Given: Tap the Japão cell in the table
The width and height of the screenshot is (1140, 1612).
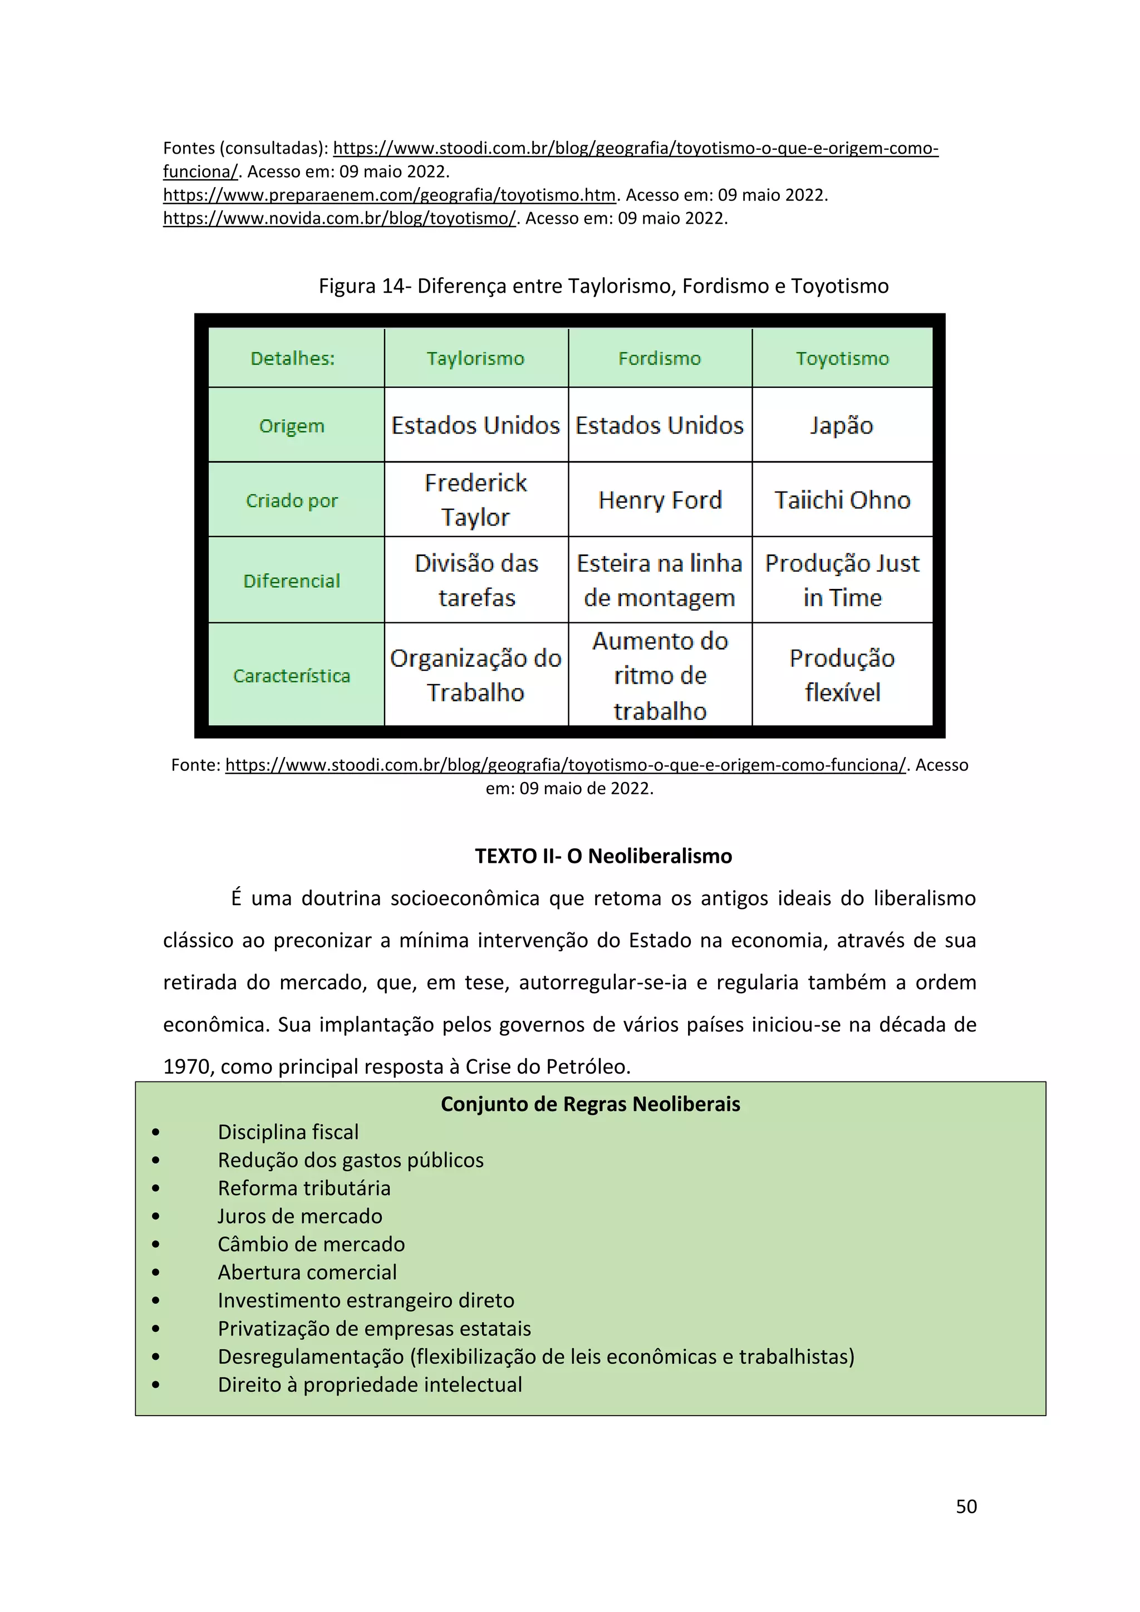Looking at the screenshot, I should [842, 425].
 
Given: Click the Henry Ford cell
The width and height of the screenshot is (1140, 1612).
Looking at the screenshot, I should [660, 500].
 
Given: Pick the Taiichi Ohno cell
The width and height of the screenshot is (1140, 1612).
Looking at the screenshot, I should [842, 500].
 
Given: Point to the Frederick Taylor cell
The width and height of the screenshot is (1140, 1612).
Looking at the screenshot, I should [475, 500].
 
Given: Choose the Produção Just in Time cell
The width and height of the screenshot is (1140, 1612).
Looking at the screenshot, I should [842, 580].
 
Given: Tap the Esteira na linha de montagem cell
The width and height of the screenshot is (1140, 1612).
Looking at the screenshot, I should [660, 580].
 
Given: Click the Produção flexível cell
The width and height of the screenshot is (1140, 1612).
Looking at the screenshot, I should [842, 675].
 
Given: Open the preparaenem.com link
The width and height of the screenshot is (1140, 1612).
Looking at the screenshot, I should [389, 195].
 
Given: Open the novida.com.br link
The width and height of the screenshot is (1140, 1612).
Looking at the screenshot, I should [340, 218].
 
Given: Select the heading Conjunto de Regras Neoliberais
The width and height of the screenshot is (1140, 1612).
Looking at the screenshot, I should [591, 1104].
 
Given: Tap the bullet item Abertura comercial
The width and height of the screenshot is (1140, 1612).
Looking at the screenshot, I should [307, 1272].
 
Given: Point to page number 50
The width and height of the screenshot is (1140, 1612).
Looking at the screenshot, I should [966, 1506].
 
